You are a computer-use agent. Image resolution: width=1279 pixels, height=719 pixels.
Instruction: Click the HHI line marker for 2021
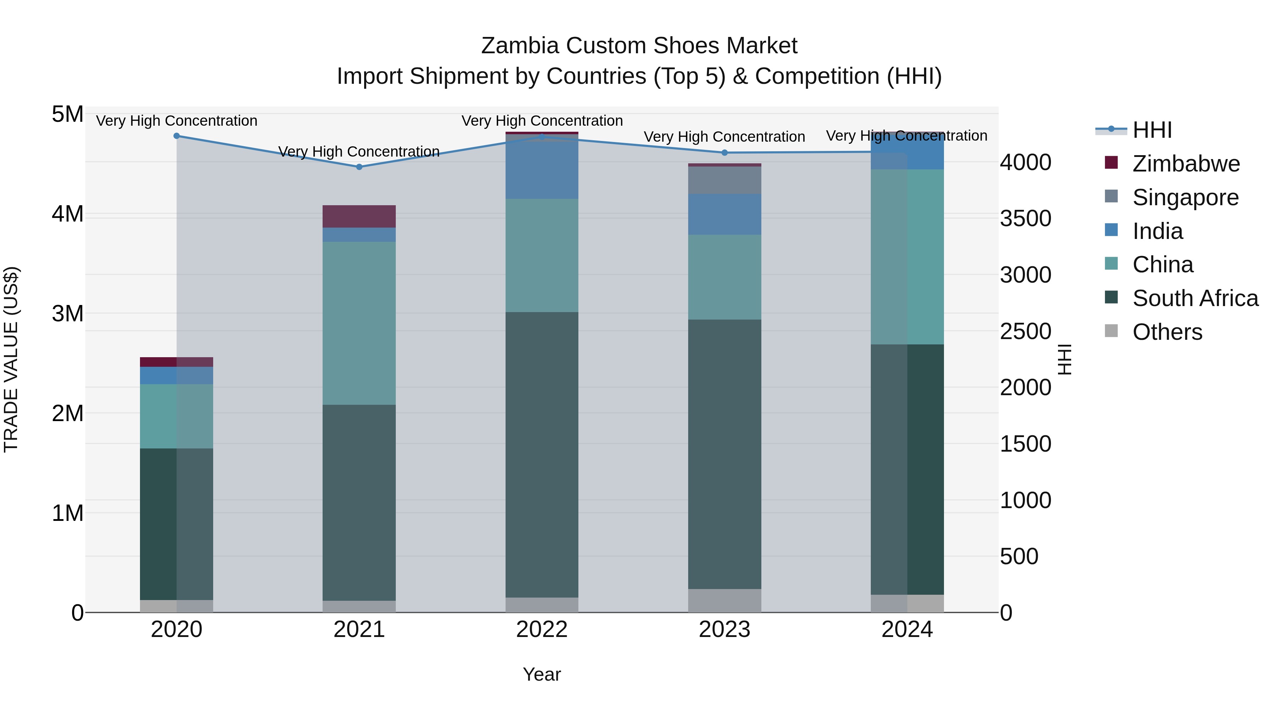tap(359, 167)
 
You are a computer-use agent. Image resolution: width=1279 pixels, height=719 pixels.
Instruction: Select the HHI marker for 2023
tap(724, 153)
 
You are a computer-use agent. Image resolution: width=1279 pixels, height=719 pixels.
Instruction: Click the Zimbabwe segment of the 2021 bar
tap(359, 216)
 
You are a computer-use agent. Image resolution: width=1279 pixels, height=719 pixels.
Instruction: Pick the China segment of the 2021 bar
tap(359, 323)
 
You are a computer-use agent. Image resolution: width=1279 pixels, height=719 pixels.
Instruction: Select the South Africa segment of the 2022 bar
tap(542, 454)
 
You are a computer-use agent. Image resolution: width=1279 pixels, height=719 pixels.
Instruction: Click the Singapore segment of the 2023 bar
tap(724, 180)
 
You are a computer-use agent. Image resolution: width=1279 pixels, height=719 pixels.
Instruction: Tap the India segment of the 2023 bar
tap(724, 214)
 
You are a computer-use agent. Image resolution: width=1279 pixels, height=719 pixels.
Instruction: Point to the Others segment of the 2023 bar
tap(724, 600)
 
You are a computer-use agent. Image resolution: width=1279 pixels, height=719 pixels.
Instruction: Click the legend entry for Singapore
tap(1185, 197)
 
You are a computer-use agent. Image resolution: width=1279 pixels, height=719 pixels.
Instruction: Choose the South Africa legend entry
tap(1195, 298)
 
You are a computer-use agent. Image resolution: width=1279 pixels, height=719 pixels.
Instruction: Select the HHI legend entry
tap(1152, 130)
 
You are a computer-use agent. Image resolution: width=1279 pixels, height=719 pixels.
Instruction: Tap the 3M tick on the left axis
tap(68, 314)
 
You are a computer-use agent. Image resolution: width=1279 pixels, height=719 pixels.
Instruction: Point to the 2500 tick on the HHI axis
tap(1025, 332)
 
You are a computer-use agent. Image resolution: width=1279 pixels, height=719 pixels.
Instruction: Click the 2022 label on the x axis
tap(542, 630)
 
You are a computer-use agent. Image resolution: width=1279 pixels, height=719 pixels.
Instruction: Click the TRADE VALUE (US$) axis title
tap(11, 359)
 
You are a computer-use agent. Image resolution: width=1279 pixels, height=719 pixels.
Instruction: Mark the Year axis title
tap(542, 674)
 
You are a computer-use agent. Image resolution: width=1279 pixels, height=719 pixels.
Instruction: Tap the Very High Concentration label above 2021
tap(359, 151)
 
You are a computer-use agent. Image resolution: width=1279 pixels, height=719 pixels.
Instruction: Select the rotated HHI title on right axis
tap(1064, 359)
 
